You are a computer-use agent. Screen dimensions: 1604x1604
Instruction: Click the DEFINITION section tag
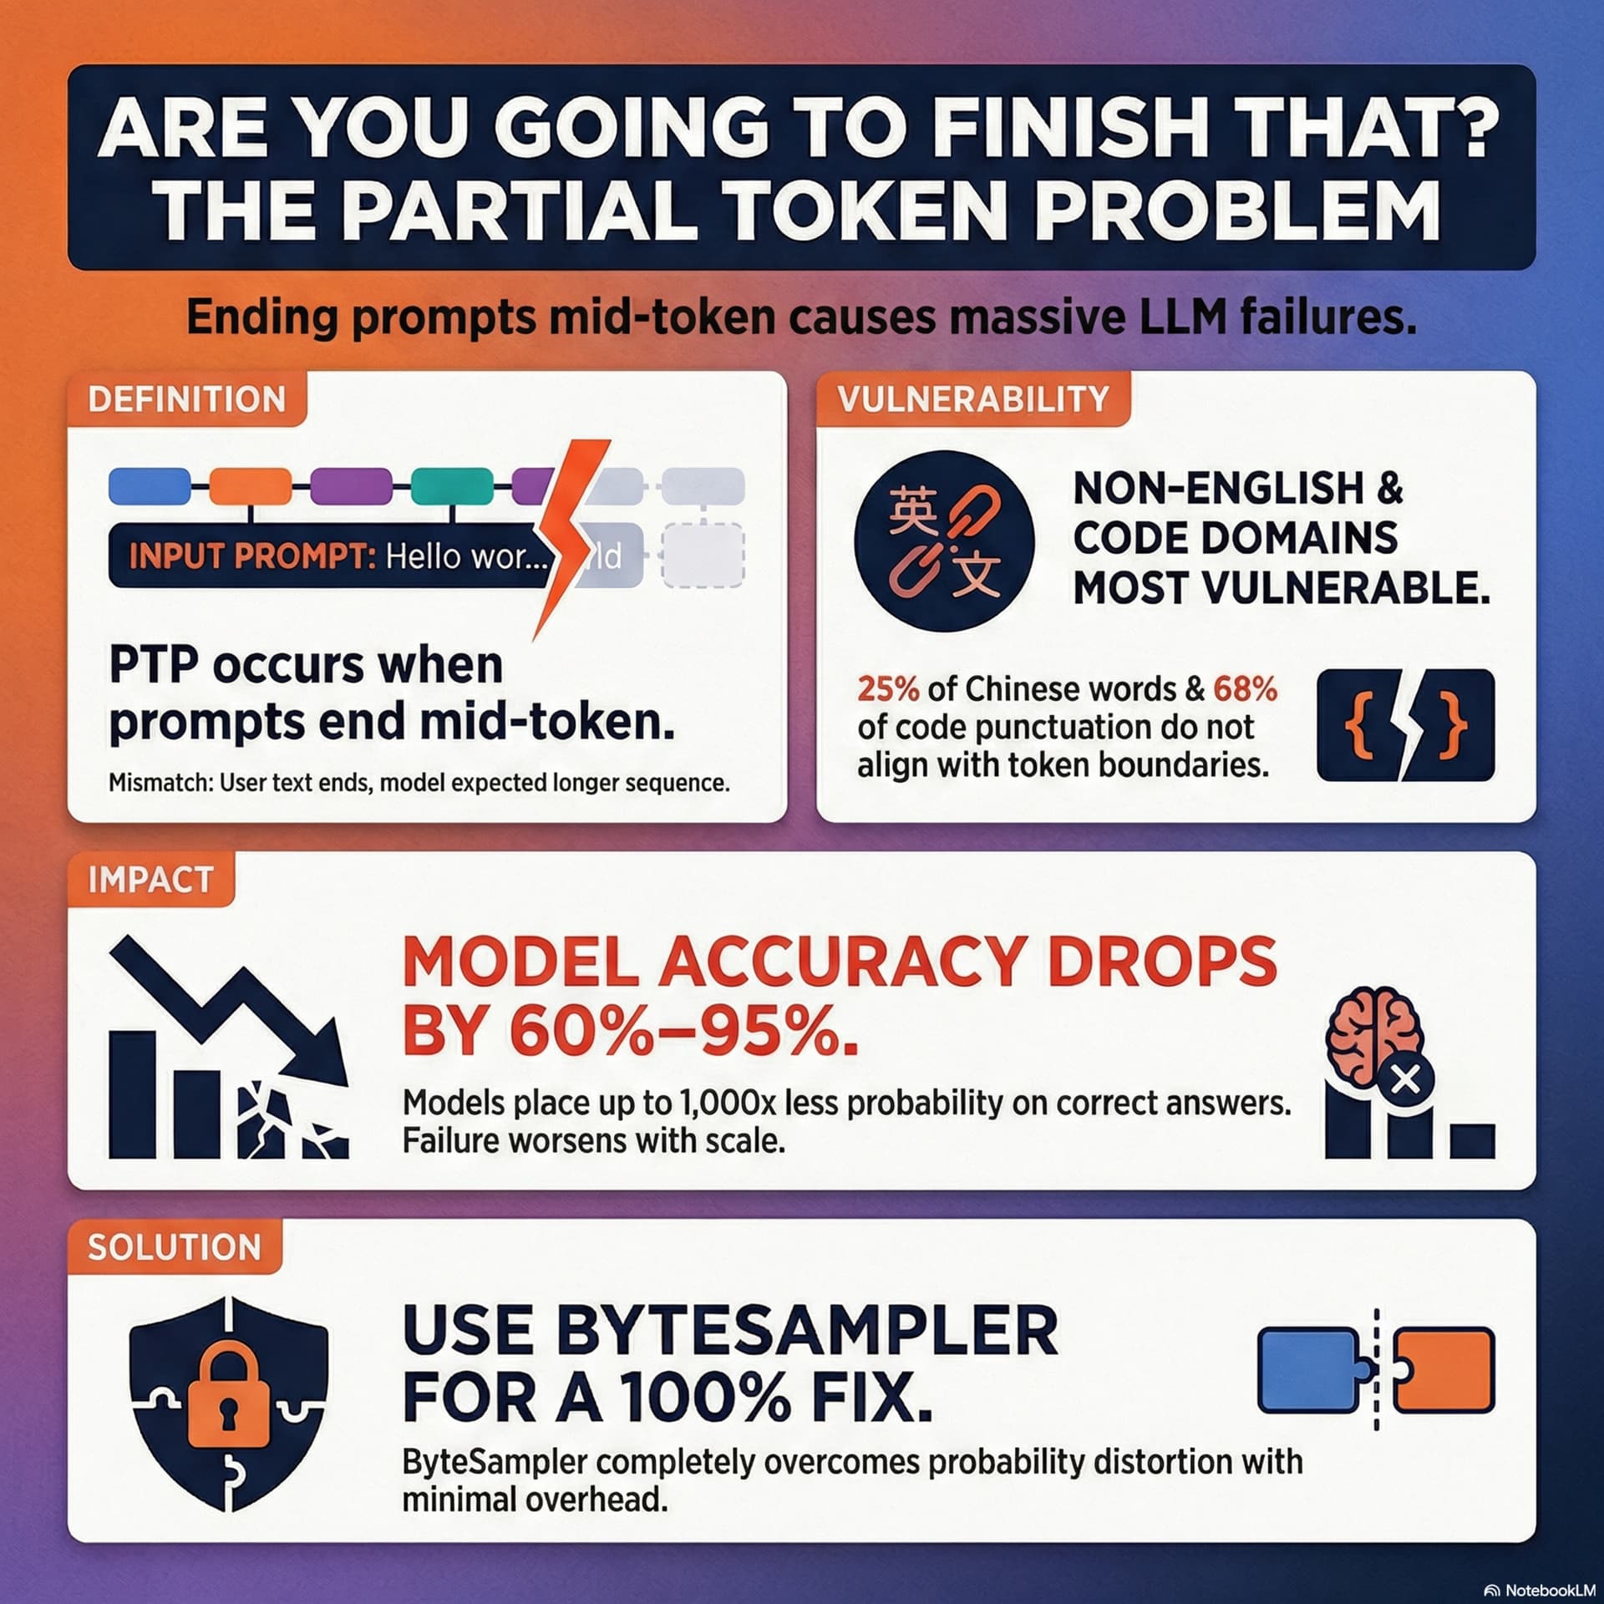tap(186, 398)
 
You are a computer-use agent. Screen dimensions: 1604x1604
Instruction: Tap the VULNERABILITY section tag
tap(973, 398)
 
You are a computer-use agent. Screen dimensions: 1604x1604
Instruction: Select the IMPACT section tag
tap(150, 879)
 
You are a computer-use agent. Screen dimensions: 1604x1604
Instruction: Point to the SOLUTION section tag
tap(175, 1246)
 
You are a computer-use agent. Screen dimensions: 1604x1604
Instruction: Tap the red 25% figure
tap(888, 689)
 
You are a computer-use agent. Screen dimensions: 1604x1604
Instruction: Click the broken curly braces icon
tap(1405, 725)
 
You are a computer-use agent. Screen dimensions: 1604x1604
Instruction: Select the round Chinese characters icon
tap(944, 541)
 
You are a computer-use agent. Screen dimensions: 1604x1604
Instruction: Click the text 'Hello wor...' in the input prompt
tap(466, 556)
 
